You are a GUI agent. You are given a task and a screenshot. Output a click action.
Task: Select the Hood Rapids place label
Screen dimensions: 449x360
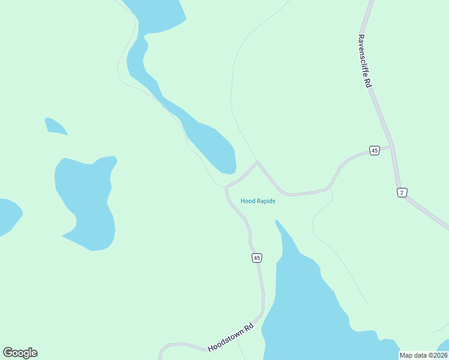click(258, 201)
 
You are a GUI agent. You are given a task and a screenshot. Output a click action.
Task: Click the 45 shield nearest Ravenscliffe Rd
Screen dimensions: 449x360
click(375, 151)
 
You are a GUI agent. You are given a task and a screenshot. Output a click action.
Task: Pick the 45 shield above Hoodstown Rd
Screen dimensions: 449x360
click(257, 258)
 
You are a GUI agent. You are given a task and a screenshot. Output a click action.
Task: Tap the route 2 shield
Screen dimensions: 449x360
click(402, 192)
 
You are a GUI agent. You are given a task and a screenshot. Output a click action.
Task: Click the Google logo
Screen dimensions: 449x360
click(20, 353)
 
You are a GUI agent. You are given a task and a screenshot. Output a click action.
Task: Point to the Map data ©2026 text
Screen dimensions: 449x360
click(424, 355)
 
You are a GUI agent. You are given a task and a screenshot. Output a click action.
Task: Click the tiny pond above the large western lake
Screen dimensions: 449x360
click(55, 126)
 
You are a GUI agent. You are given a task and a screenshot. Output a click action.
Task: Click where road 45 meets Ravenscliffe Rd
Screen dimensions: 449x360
click(391, 146)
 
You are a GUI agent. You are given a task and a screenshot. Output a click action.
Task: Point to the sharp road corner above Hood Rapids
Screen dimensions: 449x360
click(258, 161)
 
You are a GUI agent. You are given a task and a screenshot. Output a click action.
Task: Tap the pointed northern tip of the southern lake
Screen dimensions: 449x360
click(277, 222)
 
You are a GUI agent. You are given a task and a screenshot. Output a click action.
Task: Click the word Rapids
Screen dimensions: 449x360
click(265, 201)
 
